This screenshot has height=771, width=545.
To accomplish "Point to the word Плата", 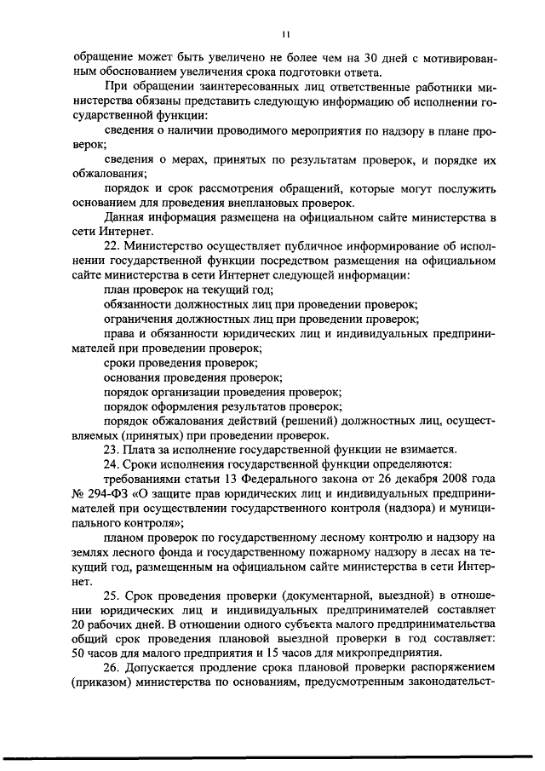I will tap(144, 449).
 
